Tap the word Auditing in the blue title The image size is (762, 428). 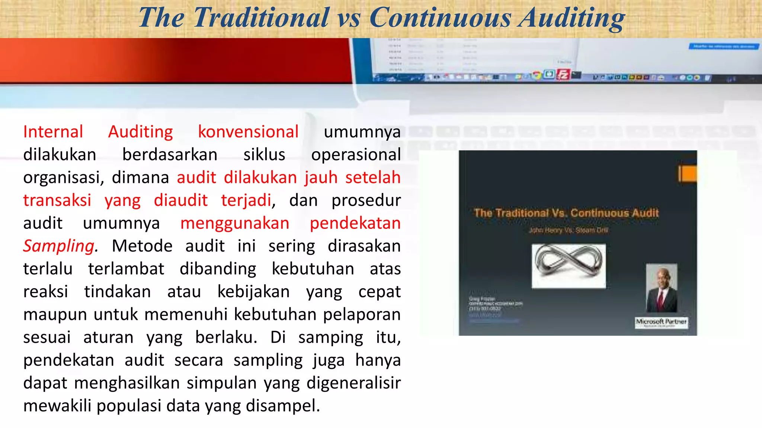pyautogui.click(x=572, y=17)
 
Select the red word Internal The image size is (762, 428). pyautogui.click(x=53, y=132)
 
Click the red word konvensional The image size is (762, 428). pyautogui.click(x=248, y=132)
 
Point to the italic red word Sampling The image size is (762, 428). pyautogui.click(x=59, y=246)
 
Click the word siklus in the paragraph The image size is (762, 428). pyautogui.click(x=264, y=155)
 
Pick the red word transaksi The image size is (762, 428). pyautogui.click(x=57, y=200)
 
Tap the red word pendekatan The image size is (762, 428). pyautogui.click(x=355, y=223)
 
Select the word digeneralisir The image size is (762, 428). pyautogui.click(x=353, y=383)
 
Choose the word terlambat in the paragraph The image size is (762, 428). pyautogui.click(x=126, y=269)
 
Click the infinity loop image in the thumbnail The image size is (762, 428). pyautogui.click(x=569, y=265)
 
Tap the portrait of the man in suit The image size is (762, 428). pyautogui.click(x=661, y=288)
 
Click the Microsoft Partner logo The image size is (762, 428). pyautogui.click(x=661, y=322)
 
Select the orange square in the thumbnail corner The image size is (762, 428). pyautogui.click(x=688, y=174)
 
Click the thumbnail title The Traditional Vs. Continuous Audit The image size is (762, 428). pyautogui.click(x=566, y=213)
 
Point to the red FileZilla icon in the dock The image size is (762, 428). pyautogui.click(x=563, y=75)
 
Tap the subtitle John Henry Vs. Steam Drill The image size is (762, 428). pyautogui.click(x=568, y=230)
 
